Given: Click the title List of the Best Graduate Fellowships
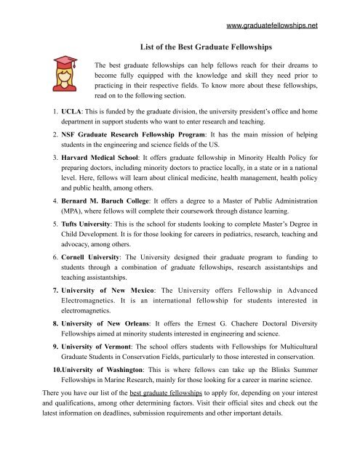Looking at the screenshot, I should coord(189,47).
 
